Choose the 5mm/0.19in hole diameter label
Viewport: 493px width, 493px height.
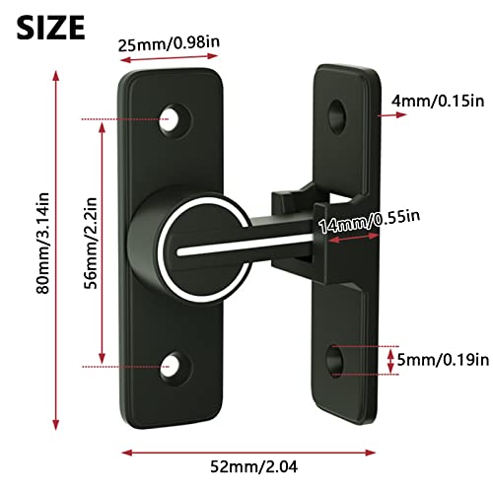[440, 359]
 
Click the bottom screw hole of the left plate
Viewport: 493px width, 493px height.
[178, 365]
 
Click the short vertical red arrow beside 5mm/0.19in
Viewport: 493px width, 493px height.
[388, 359]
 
